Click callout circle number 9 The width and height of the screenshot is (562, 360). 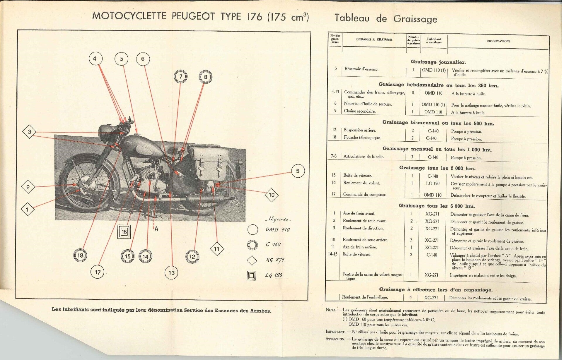pos(298,171)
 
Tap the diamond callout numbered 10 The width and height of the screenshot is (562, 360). pos(271,195)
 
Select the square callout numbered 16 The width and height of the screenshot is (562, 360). pos(124,232)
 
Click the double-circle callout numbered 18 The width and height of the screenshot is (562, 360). pos(80,255)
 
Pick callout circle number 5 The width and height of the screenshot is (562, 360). pos(122,59)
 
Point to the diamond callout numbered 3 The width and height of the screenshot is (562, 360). pos(30,132)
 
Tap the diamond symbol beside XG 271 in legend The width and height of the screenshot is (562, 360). pos(252,260)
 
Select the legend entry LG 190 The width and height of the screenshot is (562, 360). pos(274,275)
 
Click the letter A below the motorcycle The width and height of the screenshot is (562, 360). pos(156,229)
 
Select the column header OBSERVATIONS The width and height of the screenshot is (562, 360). pos(498,41)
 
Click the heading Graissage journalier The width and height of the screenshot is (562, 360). pos(438,62)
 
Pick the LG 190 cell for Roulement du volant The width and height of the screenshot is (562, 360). pos(433,184)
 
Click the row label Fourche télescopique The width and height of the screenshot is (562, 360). pos(361,138)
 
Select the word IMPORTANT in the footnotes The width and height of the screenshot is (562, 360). pos(335,332)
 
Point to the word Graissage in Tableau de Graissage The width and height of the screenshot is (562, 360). pos(415,19)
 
